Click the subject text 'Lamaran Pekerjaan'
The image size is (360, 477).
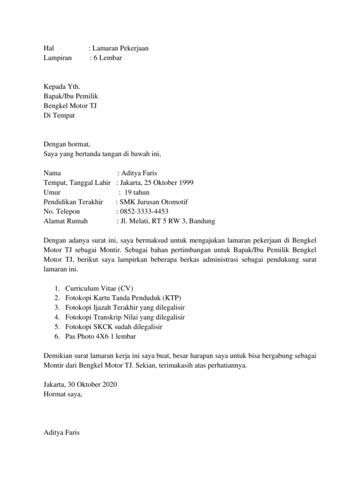pos(121,48)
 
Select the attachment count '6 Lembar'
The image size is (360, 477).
pos(108,58)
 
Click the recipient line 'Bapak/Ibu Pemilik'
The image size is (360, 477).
pos(71,96)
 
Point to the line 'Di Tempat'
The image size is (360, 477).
pos(59,116)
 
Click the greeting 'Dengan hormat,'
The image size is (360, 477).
pos(67,144)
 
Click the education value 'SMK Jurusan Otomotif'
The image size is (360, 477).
pos(154,202)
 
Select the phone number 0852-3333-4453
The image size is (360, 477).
pos(144,212)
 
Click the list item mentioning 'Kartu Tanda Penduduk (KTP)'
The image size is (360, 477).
pos(123,298)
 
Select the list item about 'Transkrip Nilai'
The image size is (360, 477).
pos(125,317)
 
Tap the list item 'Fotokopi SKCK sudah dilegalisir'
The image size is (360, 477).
pos(114,327)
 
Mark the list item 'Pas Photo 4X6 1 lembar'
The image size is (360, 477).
pos(101,336)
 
